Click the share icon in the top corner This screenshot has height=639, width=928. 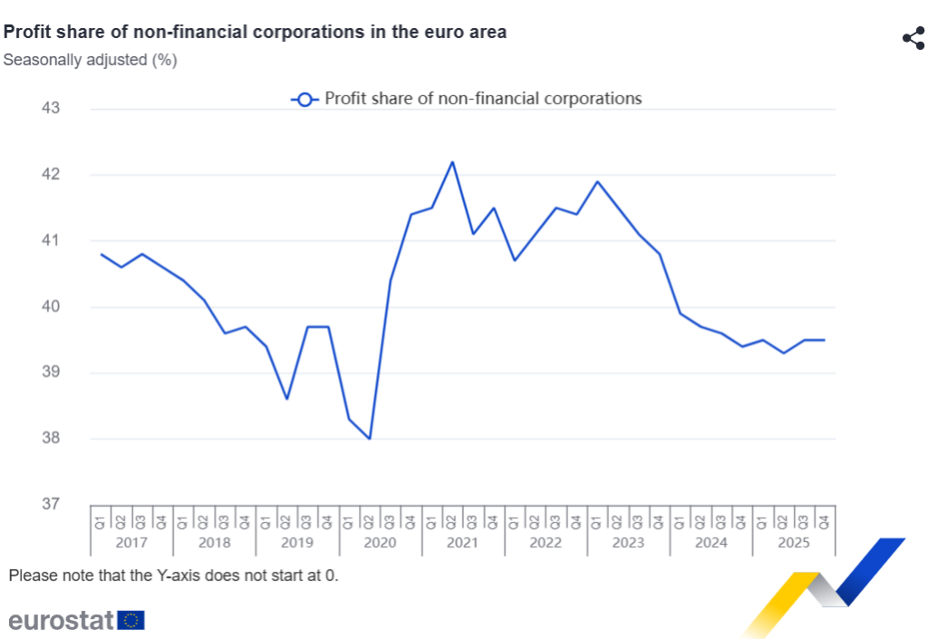(x=913, y=38)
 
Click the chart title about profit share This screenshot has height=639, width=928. (x=255, y=32)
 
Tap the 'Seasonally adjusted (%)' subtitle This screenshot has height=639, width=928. (x=90, y=61)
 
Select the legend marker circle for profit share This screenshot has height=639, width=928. (x=304, y=100)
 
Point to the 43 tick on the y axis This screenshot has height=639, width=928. (x=50, y=109)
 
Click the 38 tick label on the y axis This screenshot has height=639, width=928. (x=50, y=439)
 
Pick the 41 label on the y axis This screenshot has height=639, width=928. (x=50, y=241)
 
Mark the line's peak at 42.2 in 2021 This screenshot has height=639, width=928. (x=452, y=162)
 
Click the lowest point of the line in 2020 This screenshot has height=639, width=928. (x=370, y=439)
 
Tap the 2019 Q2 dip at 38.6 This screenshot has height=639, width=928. (x=287, y=399)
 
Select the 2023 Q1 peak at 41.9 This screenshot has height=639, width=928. (x=597, y=181)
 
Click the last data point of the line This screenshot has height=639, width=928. (x=824, y=340)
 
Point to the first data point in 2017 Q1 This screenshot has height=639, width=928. (x=101, y=254)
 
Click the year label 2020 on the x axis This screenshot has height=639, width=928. (x=380, y=543)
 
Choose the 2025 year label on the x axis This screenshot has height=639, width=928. (x=793, y=543)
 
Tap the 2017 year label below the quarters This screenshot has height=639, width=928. (x=131, y=543)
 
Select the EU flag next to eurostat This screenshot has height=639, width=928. (x=131, y=620)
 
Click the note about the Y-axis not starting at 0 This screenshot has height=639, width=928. (x=173, y=576)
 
